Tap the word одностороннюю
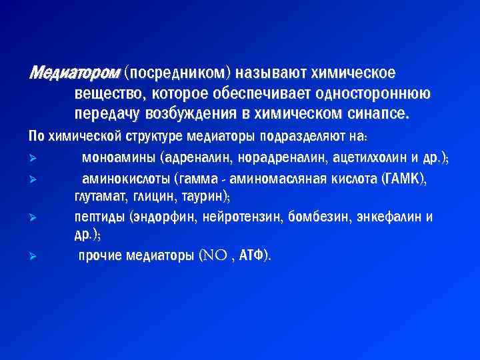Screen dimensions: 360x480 [x=378, y=92]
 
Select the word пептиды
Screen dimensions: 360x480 [x=100, y=217]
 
